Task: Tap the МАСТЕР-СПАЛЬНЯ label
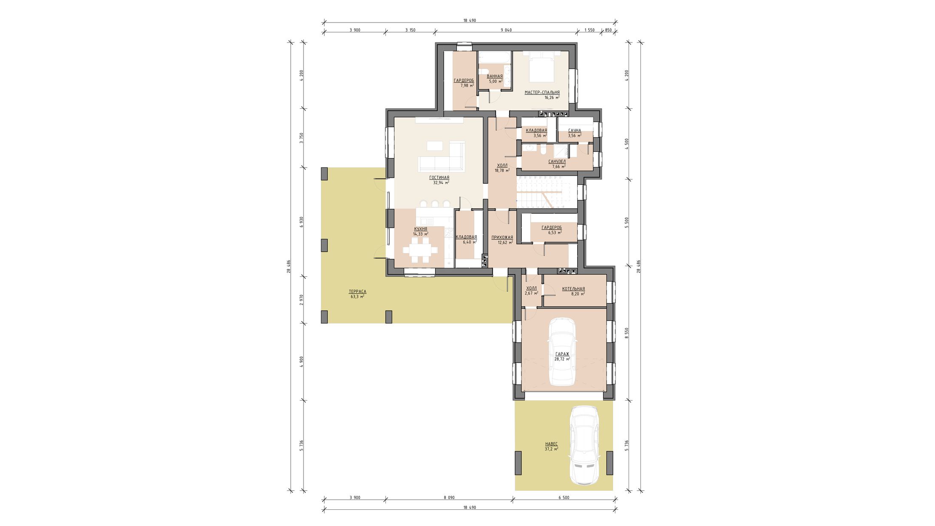pos(542,92)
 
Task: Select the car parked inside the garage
pos(562,352)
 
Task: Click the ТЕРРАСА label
pos(357,292)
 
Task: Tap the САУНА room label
pos(575,131)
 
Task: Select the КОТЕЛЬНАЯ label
pos(573,289)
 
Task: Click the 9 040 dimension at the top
pos(506,30)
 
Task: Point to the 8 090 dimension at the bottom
pos(449,497)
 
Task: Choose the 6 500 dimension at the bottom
pos(564,497)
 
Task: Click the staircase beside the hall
pos(547,193)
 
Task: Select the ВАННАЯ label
pos(495,76)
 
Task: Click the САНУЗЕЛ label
pos(557,162)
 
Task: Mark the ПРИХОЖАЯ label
pos(502,237)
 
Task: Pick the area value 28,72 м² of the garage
pos(562,359)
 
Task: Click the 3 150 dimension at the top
pos(410,30)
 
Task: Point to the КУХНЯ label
pos(421,229)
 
